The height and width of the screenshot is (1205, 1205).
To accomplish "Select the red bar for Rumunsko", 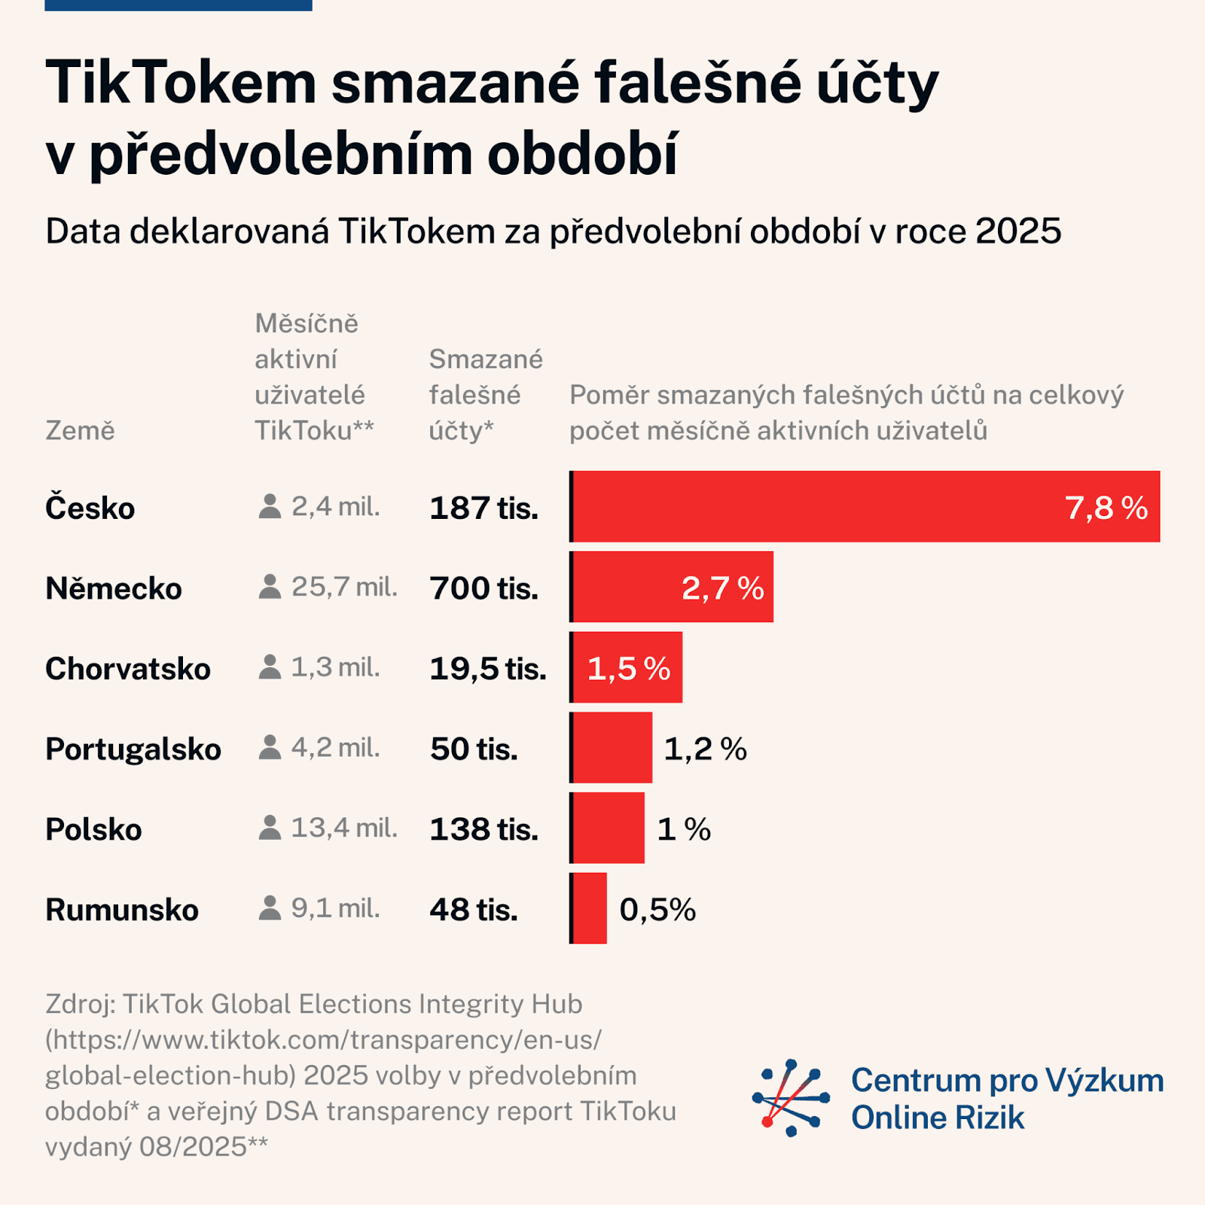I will pos(590,908).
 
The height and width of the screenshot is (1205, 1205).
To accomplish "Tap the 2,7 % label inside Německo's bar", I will pos(722,587).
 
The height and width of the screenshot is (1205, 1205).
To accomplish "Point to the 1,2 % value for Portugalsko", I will pos(705,749).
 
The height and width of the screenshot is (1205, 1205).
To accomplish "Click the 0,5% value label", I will pos(657,910).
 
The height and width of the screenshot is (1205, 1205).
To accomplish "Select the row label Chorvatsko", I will pos(128,669).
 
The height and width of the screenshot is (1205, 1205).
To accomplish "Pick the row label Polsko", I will pos(93,829).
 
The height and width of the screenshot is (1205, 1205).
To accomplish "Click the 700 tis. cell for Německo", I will pos(484,588).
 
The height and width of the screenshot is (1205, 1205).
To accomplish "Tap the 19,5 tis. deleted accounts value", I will pos(488,669).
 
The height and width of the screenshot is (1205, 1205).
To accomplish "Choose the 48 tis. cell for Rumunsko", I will pos(474,910).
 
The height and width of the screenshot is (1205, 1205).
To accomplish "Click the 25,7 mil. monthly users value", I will pos(344,587).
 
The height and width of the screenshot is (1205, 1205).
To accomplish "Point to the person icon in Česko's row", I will pos(270,506).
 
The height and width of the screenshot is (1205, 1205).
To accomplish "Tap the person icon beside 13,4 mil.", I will pos(270,828).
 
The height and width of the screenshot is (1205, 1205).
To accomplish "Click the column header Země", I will pos(80,430).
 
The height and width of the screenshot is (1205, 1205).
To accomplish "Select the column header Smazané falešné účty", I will pos(485,395).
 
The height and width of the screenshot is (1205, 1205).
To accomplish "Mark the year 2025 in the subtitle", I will pos(1017,231).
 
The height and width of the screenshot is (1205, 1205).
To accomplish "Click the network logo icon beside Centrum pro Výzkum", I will pos(790,1097).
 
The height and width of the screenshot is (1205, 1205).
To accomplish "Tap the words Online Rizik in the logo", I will pos(938,1118).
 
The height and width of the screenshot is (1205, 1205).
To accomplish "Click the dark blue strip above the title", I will pos(178,5).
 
